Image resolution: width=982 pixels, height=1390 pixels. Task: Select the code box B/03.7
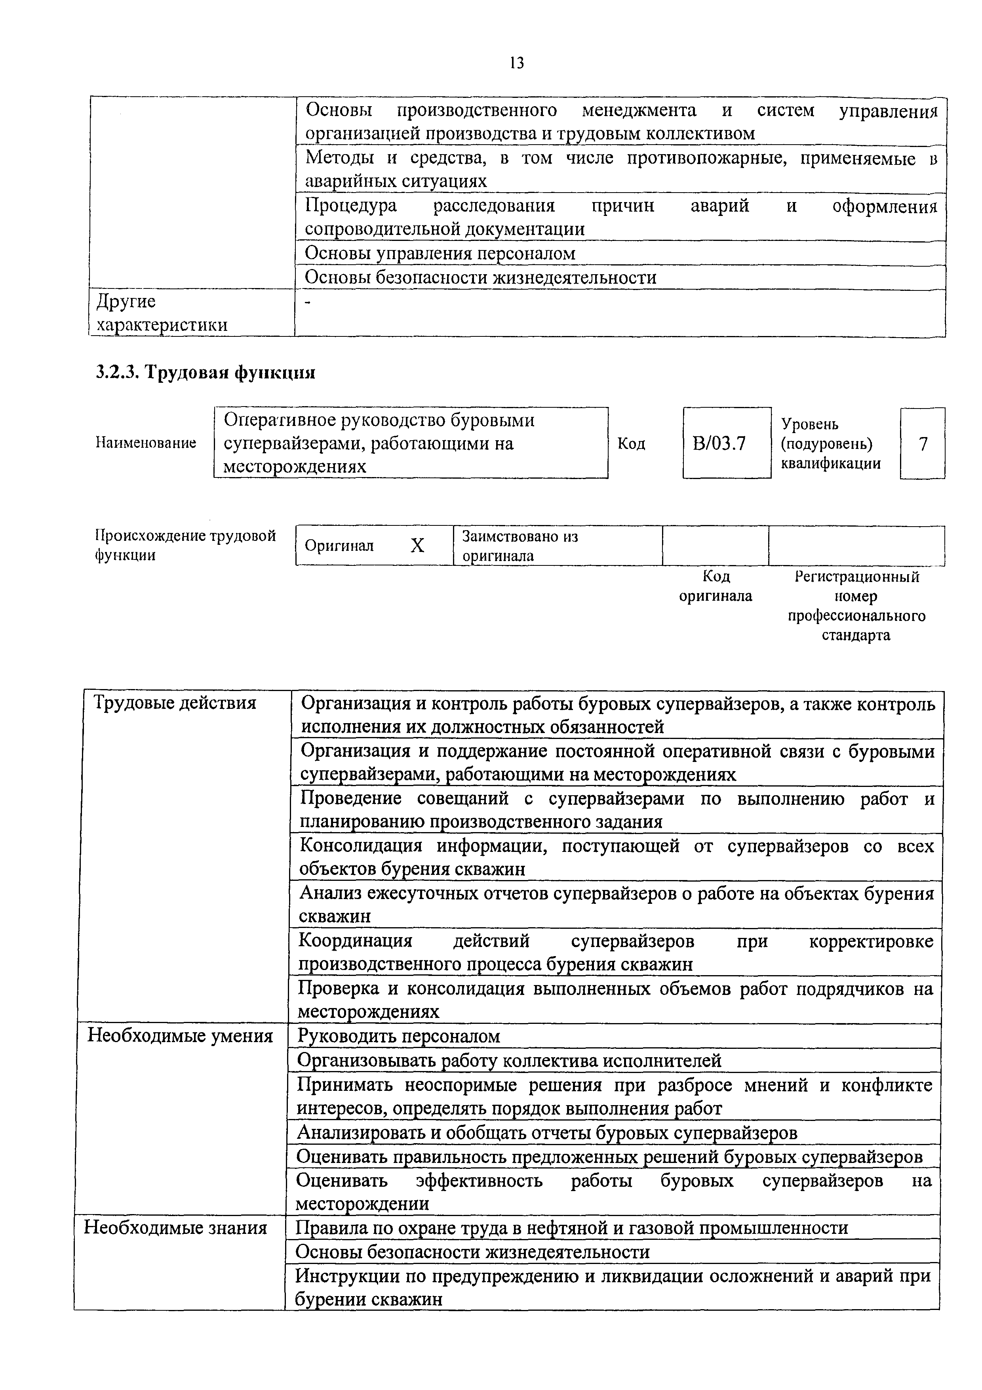[726, 443]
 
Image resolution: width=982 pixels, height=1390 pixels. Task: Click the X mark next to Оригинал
[417, 546]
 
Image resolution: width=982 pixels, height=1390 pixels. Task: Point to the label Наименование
[146, 443]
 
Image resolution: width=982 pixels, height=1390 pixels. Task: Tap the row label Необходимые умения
[180, 1036]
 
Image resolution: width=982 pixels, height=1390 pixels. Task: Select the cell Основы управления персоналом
[440, 253]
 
